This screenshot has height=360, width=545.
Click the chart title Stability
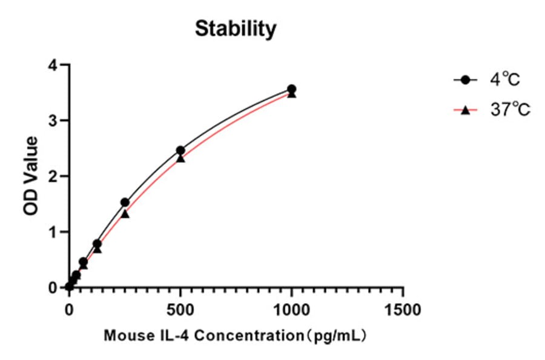pos(236,28)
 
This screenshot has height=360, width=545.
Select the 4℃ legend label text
pos(505,80)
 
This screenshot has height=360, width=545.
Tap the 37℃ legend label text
pos(510,110)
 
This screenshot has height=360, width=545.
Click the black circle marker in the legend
pos(465,80)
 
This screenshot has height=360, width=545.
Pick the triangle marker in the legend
pos(465,110)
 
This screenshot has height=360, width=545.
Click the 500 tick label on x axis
pos(180,310)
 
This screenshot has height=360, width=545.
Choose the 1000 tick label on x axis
pos(291,310)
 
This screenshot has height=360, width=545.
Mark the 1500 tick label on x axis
pos(403,310)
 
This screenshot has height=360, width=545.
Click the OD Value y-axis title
pos(31,176)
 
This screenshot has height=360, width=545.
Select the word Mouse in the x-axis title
pos(124,335)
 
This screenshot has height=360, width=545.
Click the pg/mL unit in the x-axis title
pos(339,335)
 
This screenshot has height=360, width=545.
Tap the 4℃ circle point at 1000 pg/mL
pos(291,89)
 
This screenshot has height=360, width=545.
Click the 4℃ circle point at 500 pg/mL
pos(180,150)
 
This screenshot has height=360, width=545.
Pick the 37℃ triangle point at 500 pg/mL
pos(180,158)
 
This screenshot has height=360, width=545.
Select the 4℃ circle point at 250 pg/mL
pos(125,202)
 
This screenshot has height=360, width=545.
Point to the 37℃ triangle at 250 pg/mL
pos(125,213)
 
